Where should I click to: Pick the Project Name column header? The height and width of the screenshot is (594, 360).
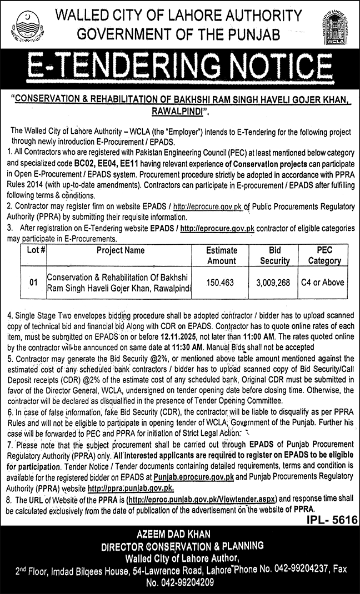(120, 250)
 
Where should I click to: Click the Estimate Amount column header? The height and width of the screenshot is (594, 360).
(222, 255)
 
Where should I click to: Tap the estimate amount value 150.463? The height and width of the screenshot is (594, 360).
(222, 283)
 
